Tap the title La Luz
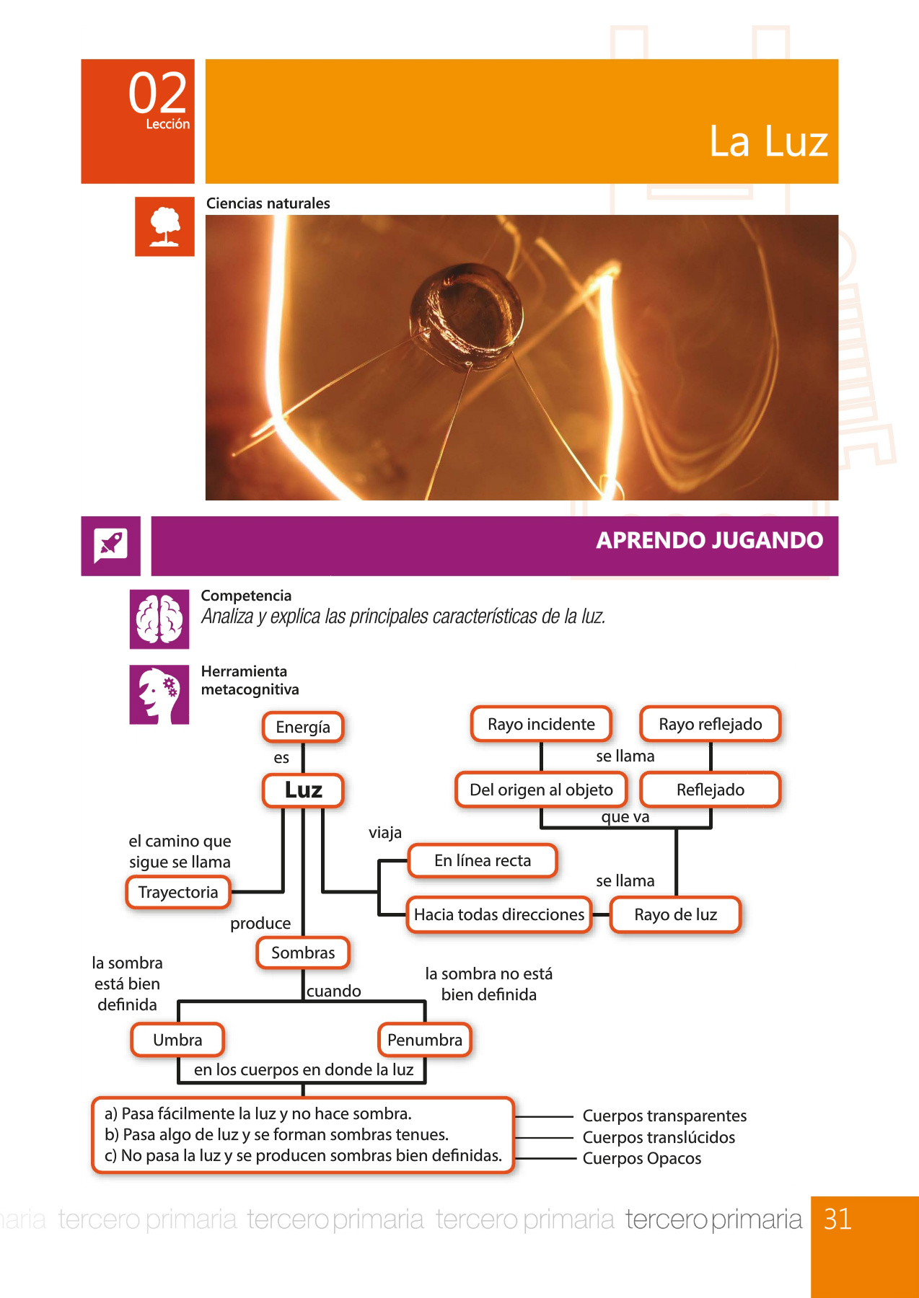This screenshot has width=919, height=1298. [x=768, y=141]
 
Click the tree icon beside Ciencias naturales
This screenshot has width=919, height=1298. [x=164, y=226]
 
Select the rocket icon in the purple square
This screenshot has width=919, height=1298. [x=110, y=546]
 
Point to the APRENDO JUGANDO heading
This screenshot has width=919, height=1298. [x=710, y=540]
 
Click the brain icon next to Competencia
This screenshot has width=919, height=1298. [x=159, y=619]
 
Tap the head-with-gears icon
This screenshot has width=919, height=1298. [x=159, y=694]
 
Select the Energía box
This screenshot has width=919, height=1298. [x=303, y=727]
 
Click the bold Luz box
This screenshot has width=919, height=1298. [x=303, y=790]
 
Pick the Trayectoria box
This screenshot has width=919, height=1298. [x=178, y=893]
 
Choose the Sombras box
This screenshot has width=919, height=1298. [x=303, y=953]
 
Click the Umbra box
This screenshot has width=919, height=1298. [x=177, y=1040]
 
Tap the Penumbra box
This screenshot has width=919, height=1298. [x=425, y=1040]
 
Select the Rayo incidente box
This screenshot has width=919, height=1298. [x=541, y=724]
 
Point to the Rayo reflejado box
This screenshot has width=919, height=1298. [x=711, y=724]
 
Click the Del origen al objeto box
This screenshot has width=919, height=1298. [x=541, y=790]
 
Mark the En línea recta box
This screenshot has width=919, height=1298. [x=483, y=860]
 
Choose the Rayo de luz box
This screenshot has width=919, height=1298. [x=676, y=914]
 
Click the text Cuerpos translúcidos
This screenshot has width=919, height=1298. [x=659, y=1137]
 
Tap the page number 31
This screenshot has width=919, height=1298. [x=837, y=1219]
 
